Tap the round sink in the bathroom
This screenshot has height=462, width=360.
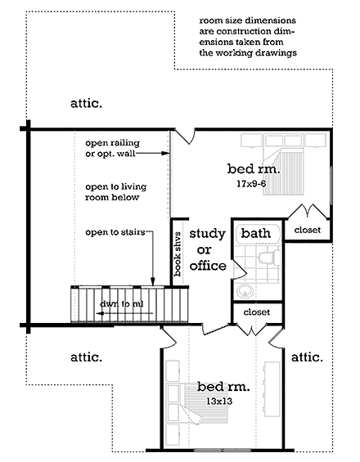[x=244, y=292]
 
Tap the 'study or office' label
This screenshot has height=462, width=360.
[x=207, y=250]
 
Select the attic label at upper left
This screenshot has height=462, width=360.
[x=84, y=104]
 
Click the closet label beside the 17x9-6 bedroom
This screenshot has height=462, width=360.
[x=308, y=230]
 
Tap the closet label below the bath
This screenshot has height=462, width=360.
[x=255, y=312]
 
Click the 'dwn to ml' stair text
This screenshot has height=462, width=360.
[x=121, y=304]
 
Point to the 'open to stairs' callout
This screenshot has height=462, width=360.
[x=115, y=233]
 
